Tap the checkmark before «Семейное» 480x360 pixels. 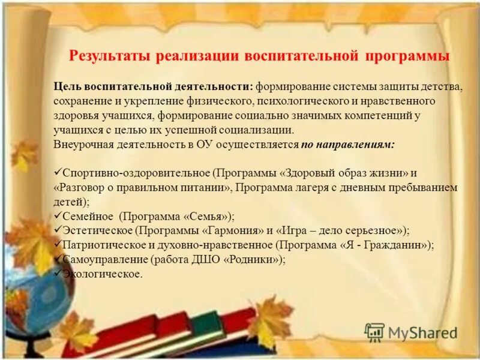pos(58,215)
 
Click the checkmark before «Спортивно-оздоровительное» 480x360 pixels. pos(58,172)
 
